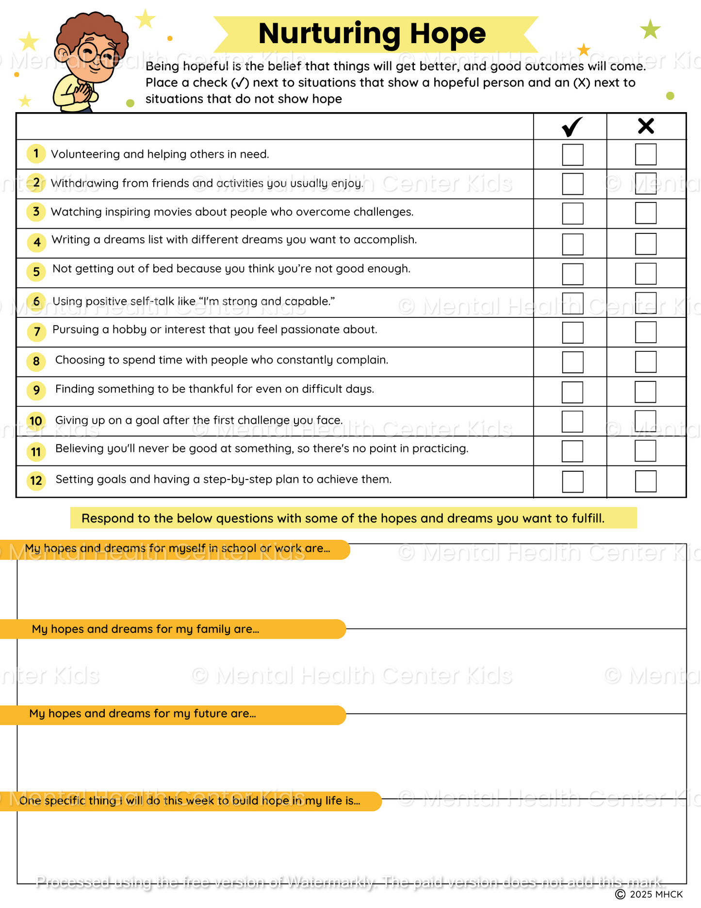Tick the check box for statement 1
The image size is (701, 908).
pos(572,155)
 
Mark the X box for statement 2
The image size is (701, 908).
pos(646,183)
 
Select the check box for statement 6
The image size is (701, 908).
pos(572,303)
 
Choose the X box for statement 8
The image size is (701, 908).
pos(646,362)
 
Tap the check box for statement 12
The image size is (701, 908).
pos(572,481)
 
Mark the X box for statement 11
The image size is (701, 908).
pos(645,451)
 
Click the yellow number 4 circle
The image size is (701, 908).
pos(36,242)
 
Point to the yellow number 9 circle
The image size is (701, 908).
pos(36,390)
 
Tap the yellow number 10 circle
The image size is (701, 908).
pos(36,421)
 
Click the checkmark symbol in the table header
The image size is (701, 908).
pos(572,127)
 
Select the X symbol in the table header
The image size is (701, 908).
pos(646,126)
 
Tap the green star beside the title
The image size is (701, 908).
pos(650,30)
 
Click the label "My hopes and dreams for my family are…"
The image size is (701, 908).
pos(146,629)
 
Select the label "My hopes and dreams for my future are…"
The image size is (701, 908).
pos(143,713)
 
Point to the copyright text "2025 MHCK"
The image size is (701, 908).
pos(655,894)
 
